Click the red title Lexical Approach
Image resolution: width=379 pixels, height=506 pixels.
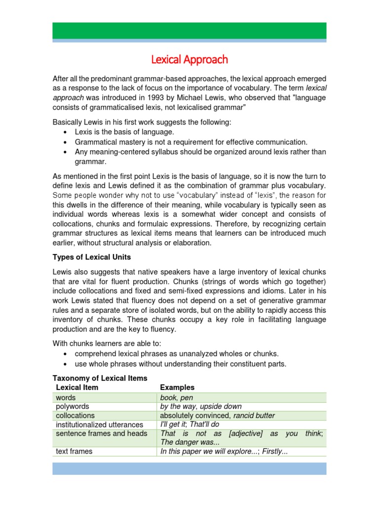tap(189, 60)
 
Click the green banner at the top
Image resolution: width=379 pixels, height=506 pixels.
tap(189, 30)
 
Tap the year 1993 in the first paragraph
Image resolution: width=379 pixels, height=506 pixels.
tap(153, 98)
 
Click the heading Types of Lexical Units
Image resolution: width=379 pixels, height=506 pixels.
tap(92, 257)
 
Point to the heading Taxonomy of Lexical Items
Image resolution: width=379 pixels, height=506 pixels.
tap(100, 378)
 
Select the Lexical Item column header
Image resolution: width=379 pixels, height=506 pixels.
tap(77, 387)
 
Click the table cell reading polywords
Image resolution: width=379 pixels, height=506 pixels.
tap(73, 406)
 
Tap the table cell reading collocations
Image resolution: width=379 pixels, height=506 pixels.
tap(75, 416)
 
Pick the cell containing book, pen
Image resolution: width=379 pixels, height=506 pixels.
tap(177, 397)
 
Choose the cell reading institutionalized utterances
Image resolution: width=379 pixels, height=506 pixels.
tap(100, 424)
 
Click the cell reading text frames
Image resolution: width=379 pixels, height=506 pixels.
tap(75, 451)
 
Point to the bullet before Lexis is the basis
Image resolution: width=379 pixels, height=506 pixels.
tap(66, 132)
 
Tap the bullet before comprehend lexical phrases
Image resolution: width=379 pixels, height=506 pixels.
tap(66, 354)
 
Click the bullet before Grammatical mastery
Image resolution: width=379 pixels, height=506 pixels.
tap(66, 142)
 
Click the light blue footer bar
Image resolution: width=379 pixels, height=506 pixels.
tap(189, 468)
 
